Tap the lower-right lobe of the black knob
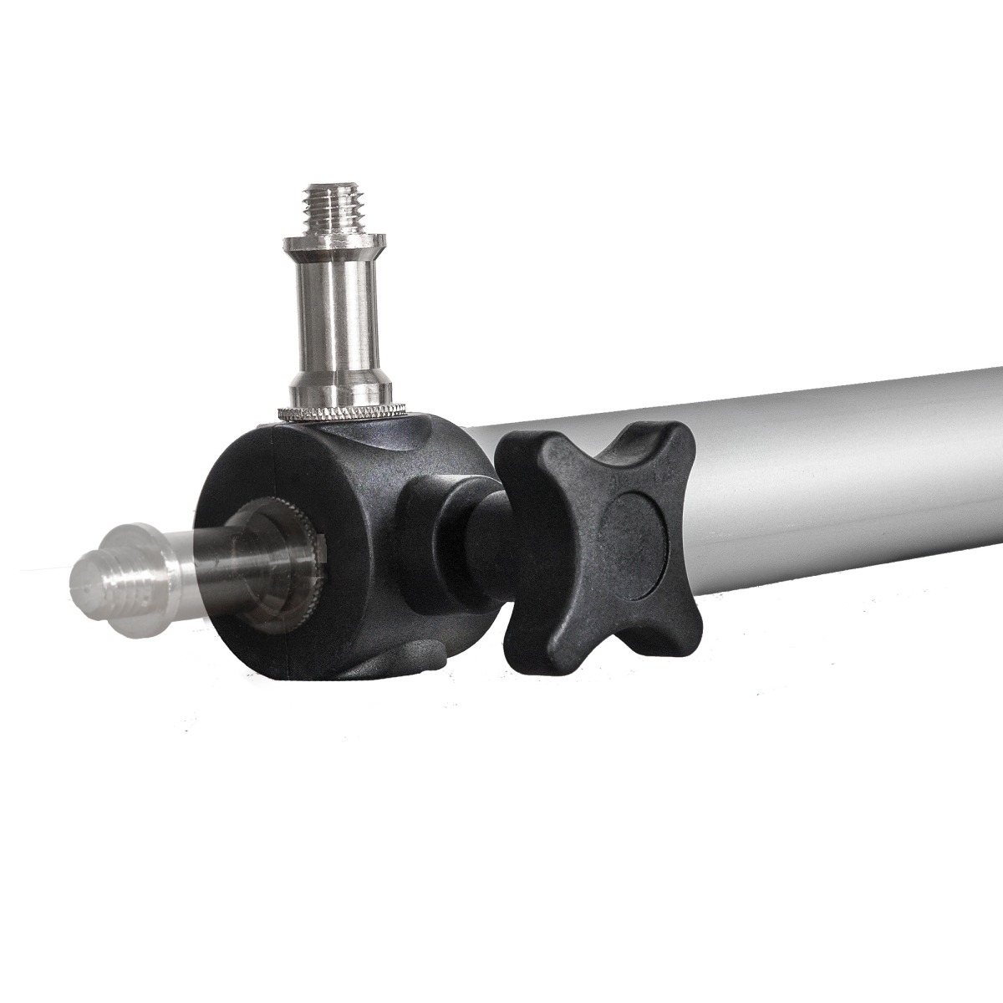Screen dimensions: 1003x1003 (x=677, y=635)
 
